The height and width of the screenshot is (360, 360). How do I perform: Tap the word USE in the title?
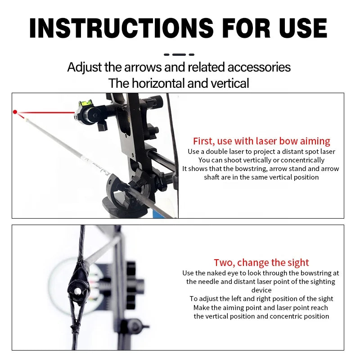tap(303, 28)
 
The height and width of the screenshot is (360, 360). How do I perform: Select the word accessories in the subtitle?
tap(259, 67)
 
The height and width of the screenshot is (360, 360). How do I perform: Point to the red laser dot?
tap(15, 112)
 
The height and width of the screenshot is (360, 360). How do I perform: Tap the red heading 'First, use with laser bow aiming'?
tap(261, 141)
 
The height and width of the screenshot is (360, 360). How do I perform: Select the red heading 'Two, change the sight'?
tap(261, 262)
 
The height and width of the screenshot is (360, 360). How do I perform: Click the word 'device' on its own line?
tap(261, 290)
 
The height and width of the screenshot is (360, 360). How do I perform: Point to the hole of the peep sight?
tap(77, 291)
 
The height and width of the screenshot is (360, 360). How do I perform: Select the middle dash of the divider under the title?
tap(179, 54)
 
